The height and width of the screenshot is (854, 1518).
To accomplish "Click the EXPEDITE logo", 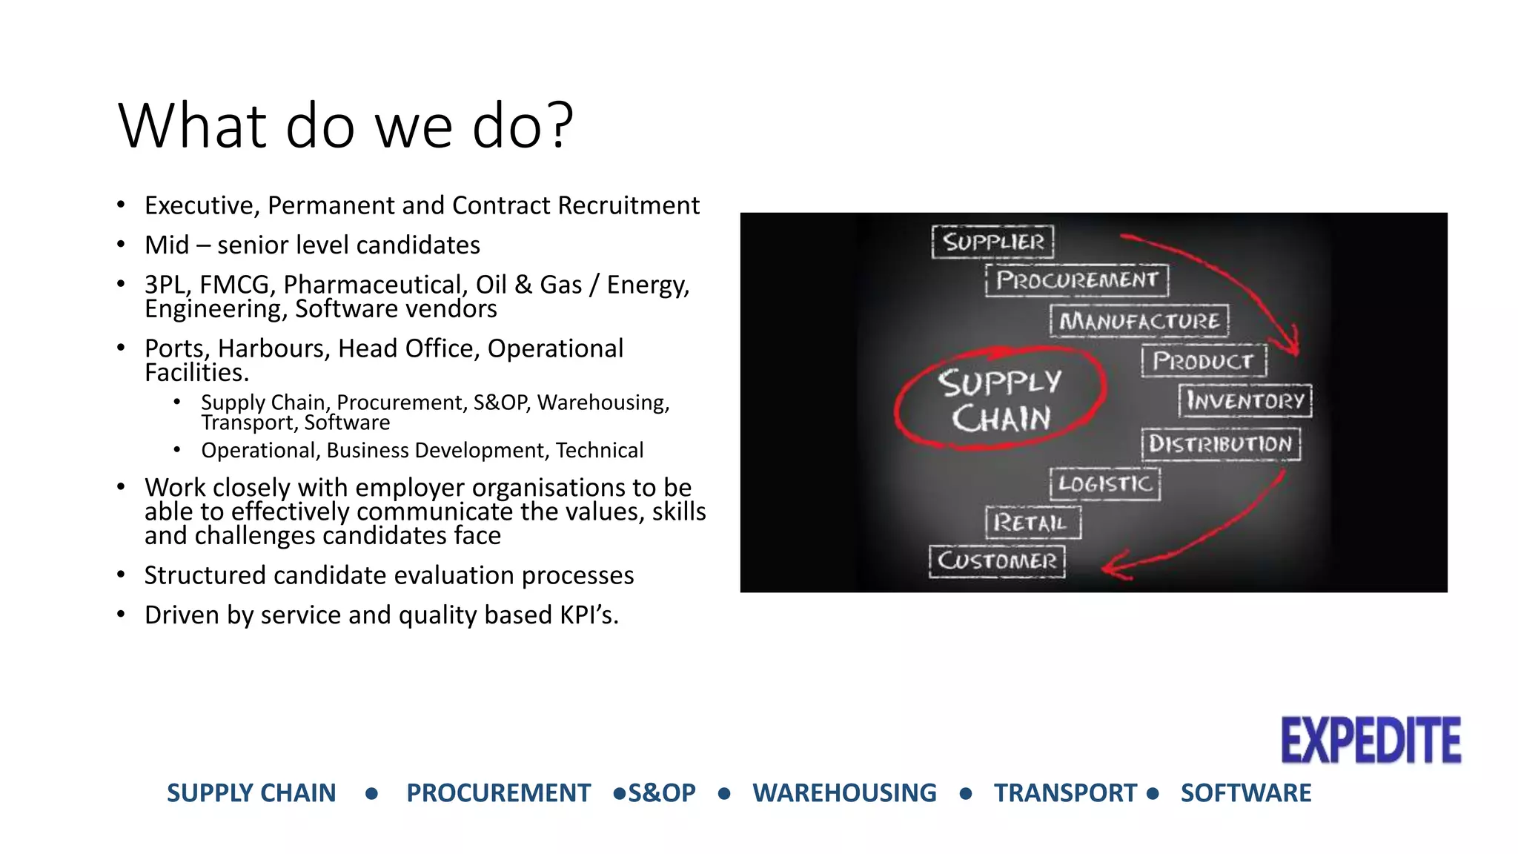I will (1370, 740).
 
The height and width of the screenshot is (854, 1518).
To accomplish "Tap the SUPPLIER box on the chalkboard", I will (992, 242).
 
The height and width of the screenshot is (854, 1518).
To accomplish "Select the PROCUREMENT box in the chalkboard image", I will (1076, 280).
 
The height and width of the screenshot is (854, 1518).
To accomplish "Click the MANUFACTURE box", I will (1139, 321).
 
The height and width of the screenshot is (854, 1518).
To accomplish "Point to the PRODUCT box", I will (1203, 361).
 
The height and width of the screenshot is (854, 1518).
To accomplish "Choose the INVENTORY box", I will (1245, 401).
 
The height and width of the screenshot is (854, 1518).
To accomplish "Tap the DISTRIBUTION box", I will (1220, 444).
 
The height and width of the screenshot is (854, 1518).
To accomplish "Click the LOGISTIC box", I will (1104, 484).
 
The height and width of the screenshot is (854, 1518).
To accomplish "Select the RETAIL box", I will (1033, 523).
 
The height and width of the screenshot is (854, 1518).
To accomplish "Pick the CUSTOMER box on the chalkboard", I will (997, 560).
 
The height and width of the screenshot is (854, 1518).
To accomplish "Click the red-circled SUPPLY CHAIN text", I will (1000, 400).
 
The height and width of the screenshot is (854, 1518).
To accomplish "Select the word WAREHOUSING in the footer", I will (844, 793).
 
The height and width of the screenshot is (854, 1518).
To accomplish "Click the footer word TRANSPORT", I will (1065, 793).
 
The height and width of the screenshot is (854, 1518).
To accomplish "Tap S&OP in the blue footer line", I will (662, 793).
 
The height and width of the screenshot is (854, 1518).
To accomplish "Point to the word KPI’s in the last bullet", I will (589, 615).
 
